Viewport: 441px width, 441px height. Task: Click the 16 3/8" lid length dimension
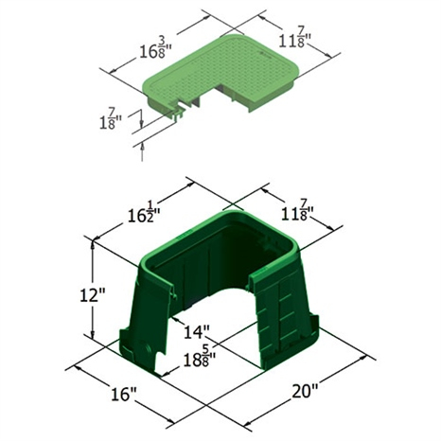point(155,48)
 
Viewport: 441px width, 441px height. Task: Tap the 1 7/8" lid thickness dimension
point(110,119)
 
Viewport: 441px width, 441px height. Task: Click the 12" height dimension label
point(92,296)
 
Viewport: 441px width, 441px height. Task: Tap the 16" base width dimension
point(123,394)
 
